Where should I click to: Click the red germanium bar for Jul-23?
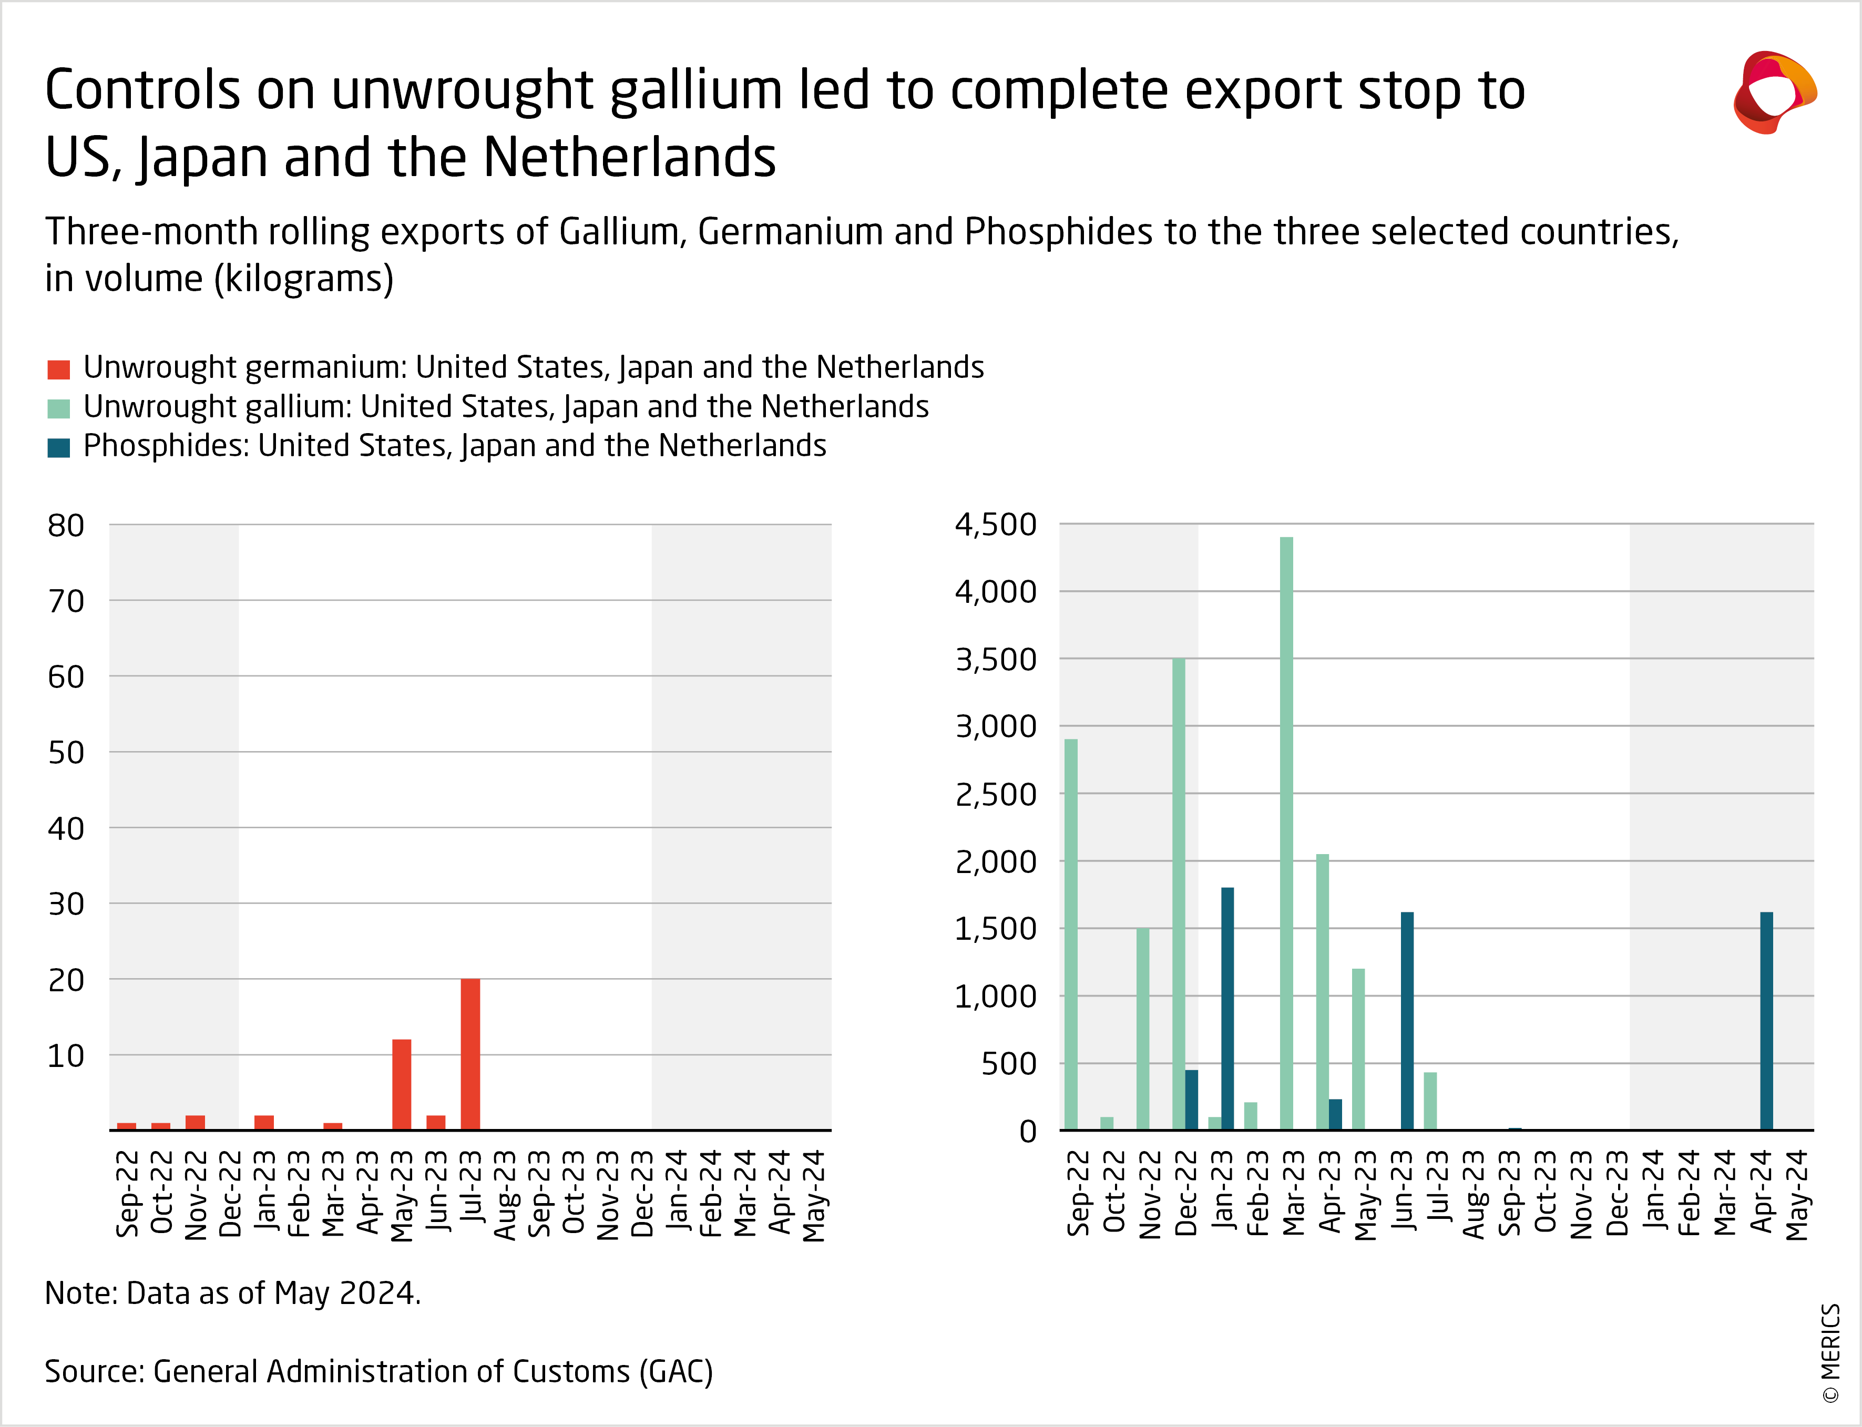pyautogui.click(x=470, y=1054)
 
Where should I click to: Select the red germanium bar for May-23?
pyautogui.click(x=401, y=1085)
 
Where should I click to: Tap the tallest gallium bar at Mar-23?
pyautogui.click(x=1286, y=833)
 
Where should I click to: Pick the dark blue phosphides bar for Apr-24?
pyautogui.click(x=1766, y=1021)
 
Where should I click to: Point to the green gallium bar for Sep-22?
pyautogui.click(x=1070, y=935)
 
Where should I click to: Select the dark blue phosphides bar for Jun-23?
pyautogui.click(x=1407, y=1021)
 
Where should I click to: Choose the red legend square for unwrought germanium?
pyautogui.click(x=58, y=369)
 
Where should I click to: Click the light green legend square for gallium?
pyautogui.click(x=58, y=408)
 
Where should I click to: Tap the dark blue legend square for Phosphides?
pyautogui.click(x=58, y=448)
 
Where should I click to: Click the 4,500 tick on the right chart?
pyautogui.click(x=996, y=525)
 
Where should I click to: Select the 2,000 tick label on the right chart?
pyautogui.click(x=996, y=861)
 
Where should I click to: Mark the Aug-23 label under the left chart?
pyautogui.click(x=505, y=1194)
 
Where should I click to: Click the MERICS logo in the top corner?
pyautogui.click(x=1774, y=92)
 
